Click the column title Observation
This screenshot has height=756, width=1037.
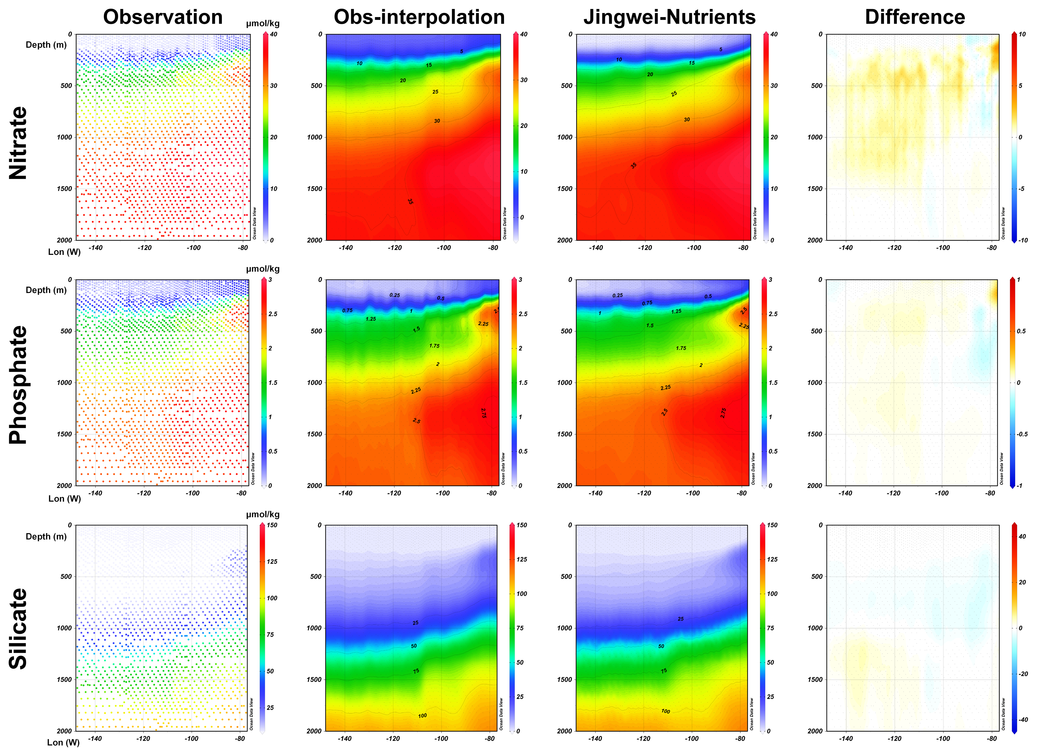click(x=163, y=17)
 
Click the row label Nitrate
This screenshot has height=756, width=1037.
click(x=18, y=143)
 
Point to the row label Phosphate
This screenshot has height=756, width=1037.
click(x=18, y=385)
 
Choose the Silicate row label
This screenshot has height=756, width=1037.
click(x=18, y=629)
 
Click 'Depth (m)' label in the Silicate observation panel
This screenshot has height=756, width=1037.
click(x=46, y=536)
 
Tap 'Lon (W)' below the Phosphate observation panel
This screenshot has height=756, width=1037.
click(x=65, y=498)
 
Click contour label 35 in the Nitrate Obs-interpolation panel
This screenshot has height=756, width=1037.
click(x=410, y=201)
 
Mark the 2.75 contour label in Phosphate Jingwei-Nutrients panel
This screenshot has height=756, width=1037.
click(x=723, y=413)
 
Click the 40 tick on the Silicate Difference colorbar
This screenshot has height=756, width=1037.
click(x=1022, y=536)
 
